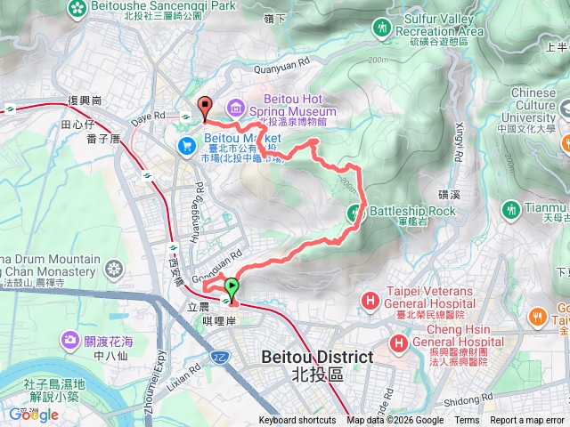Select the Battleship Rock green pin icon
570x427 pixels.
[354, 212]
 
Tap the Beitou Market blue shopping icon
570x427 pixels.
[187, 144]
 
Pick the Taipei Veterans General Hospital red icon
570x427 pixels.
[370, 302]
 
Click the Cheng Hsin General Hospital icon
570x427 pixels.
[398, 342]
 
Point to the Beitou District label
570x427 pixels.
[315, 358]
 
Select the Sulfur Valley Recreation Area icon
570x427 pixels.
[383, 28]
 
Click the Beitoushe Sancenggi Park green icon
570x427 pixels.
[78, 7]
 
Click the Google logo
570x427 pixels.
[33, 415]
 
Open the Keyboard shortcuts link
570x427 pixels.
[297, 421]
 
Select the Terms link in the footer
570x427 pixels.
[467, 421]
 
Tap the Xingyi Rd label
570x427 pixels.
[460, 143]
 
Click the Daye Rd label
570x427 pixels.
[148, 116]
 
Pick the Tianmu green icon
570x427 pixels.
[511, 209]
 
